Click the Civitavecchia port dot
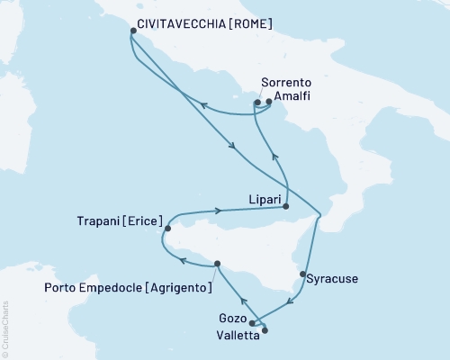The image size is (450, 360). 133,31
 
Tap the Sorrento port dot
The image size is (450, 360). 257,103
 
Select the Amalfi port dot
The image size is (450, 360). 269,102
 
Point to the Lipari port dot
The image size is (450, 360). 286,207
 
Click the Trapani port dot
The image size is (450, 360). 167,229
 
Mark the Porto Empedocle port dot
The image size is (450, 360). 217,264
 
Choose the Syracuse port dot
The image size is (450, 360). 302,274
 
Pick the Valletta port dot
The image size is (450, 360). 265,329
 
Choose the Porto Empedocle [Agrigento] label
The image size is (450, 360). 127,288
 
